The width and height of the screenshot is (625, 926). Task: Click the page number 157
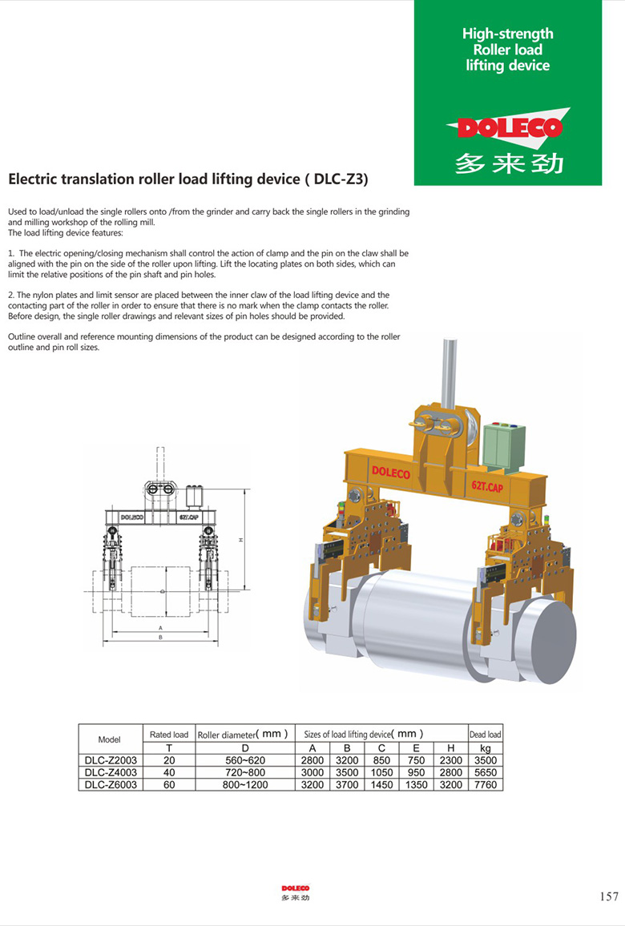[x=609, y=896]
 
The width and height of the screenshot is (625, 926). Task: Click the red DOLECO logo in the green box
[x=508, y=127]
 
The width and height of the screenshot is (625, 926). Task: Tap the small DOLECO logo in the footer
[x=295, y=888]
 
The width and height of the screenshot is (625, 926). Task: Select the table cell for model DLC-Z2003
[x=109, y=760]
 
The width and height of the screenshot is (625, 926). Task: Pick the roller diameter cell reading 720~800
[x=244, y=772]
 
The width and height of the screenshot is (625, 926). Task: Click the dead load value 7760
[x=486, y=784]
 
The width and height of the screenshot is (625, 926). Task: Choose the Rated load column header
[x=169, y=735]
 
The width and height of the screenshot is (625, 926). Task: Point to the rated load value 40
[x=169, y=772]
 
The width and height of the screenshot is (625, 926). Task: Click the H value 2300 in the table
[x=451, y=760]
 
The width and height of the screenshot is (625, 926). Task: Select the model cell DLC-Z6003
[x=109, y=784]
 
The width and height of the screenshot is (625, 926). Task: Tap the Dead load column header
[x=486, y=735]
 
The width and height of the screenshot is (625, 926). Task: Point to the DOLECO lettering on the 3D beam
[x=390, y=473]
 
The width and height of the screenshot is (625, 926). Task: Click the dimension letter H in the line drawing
[x=240, y=541]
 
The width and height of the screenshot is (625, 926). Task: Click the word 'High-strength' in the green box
[x=507, y=34]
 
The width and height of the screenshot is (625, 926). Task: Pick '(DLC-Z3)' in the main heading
[x=337, y=179]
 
